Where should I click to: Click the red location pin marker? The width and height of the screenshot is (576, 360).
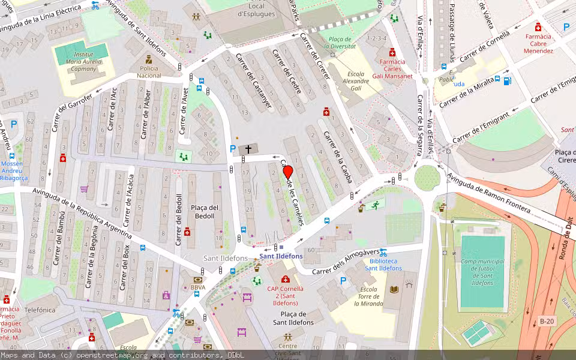tap(287, 172)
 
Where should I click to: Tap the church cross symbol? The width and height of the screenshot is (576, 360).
tap(248, 149)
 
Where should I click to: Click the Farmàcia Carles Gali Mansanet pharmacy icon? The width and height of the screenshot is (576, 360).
tap(392, 52)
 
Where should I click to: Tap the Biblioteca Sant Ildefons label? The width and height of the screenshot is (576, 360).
tap(383, 265)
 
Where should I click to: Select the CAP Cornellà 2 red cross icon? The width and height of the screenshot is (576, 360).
tap(286, 279)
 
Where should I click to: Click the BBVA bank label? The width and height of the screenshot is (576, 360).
tap(197, 287)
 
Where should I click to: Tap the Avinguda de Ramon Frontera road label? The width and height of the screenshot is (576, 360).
tap(488, 192)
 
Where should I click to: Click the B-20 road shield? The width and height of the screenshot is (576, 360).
tap(546, 321)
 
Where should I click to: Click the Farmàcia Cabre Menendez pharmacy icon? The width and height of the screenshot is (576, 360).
tap(538, 27)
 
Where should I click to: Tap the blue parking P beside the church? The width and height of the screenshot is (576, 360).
tap(233, 149)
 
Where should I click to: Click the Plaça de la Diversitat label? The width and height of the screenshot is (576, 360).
tap(340, 42)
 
